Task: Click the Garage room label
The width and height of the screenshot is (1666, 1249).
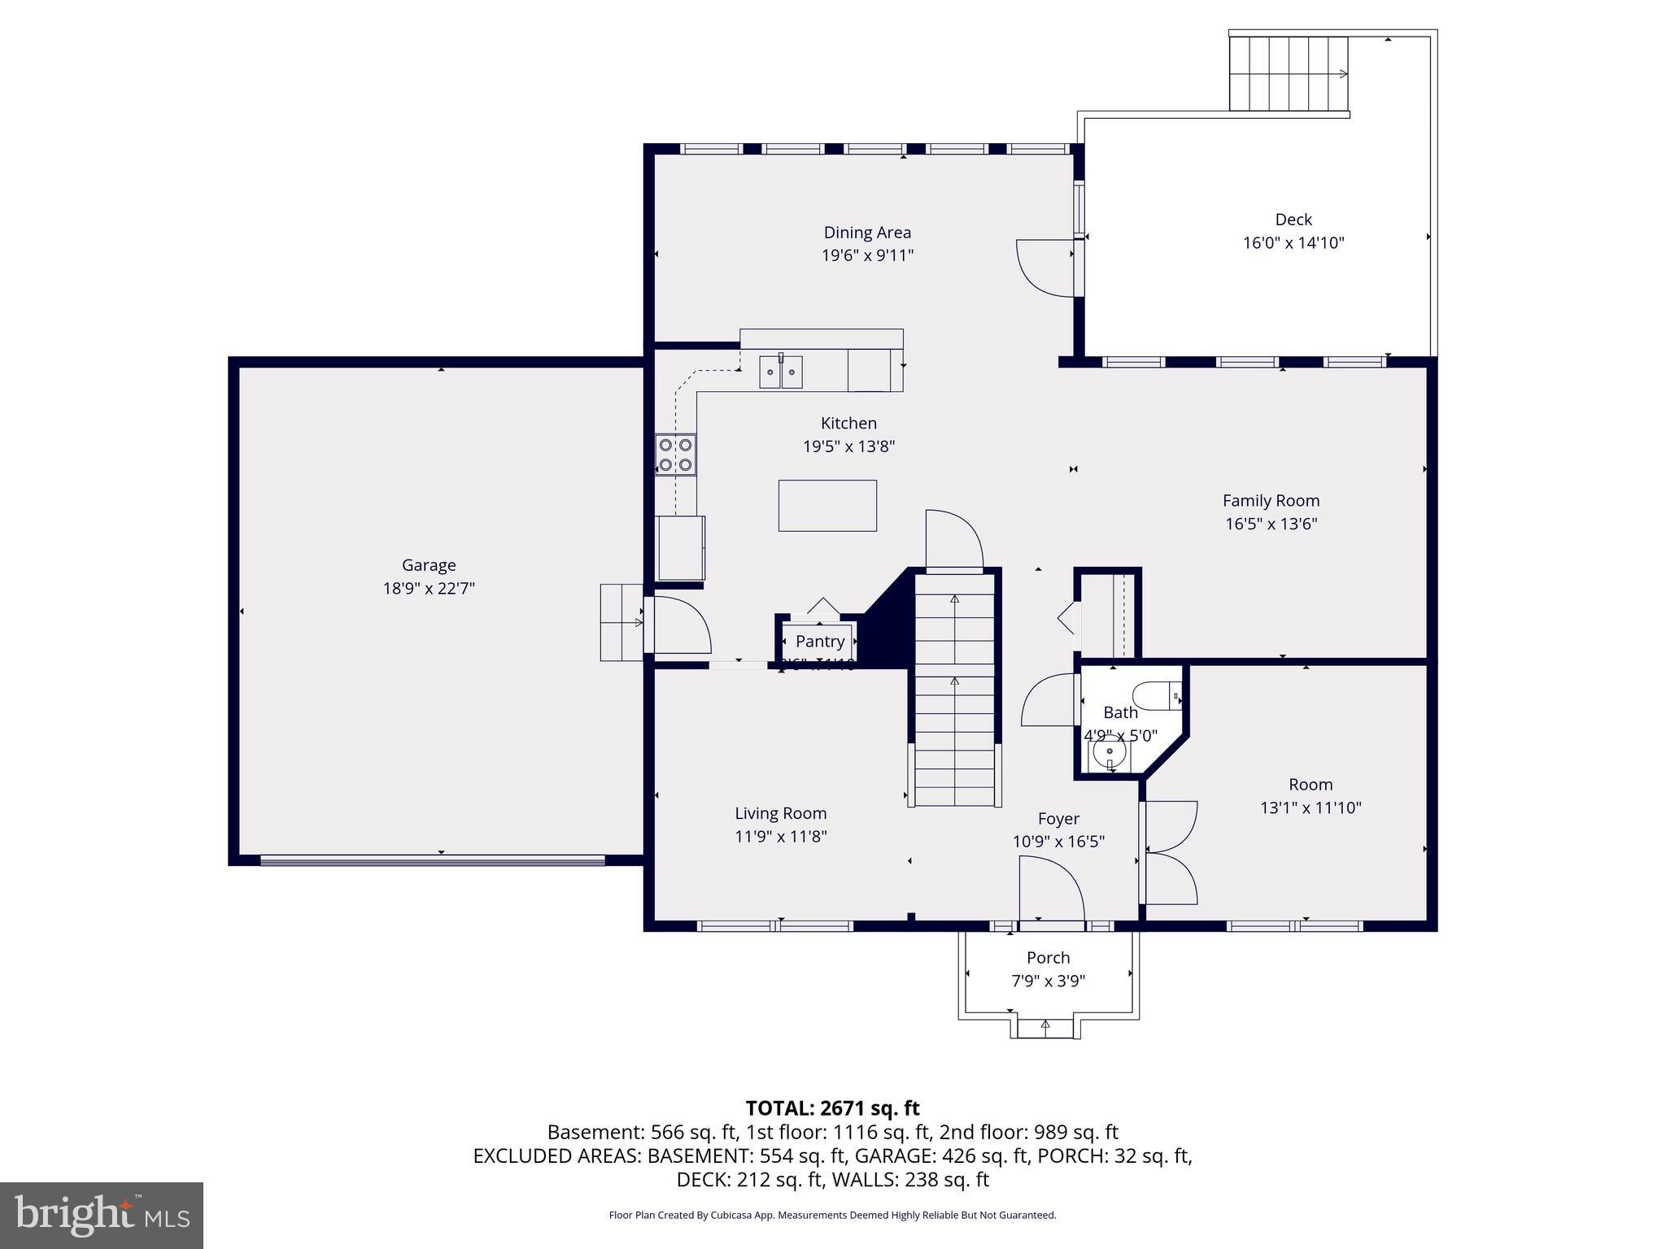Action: (429, 565)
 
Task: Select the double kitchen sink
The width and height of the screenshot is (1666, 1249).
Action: (781, 372)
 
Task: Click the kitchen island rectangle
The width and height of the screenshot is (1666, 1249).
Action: (827, 505)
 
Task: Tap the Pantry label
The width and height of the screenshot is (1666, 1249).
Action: (820, 642)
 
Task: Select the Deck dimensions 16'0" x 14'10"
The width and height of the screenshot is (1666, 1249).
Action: (1293, 242)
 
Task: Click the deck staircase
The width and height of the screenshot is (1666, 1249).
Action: (1289, 74)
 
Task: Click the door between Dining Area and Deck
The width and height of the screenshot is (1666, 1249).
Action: (1045, 267)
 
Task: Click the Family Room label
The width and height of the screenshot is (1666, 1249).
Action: (1271, 501)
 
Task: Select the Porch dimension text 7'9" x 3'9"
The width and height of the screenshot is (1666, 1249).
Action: (1048, 981)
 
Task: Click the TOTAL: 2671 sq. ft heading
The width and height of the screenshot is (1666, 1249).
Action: (832, 1108)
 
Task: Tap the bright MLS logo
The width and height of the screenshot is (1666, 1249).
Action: (102, 1216)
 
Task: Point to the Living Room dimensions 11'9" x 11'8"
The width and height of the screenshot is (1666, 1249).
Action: (781, 836)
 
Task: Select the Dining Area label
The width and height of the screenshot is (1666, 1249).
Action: (867, 233)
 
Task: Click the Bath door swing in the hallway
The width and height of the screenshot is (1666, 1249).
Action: (1049, 700)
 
